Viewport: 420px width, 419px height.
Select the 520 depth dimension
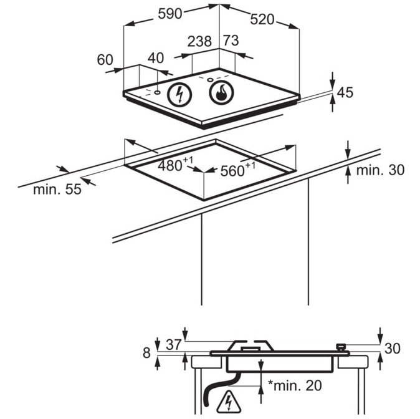point(262,19)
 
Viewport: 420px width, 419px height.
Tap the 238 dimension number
point(199,42)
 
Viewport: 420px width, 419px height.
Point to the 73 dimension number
point(231,41)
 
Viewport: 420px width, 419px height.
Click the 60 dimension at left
point(105,60)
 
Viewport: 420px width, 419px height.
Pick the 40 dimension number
point(155,58)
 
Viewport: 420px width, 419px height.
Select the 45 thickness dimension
point(345,93)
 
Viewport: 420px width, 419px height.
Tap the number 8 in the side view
point(147,353)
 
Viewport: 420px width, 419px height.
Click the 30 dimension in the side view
point(392,349)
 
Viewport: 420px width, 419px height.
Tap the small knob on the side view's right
point(340,347)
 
